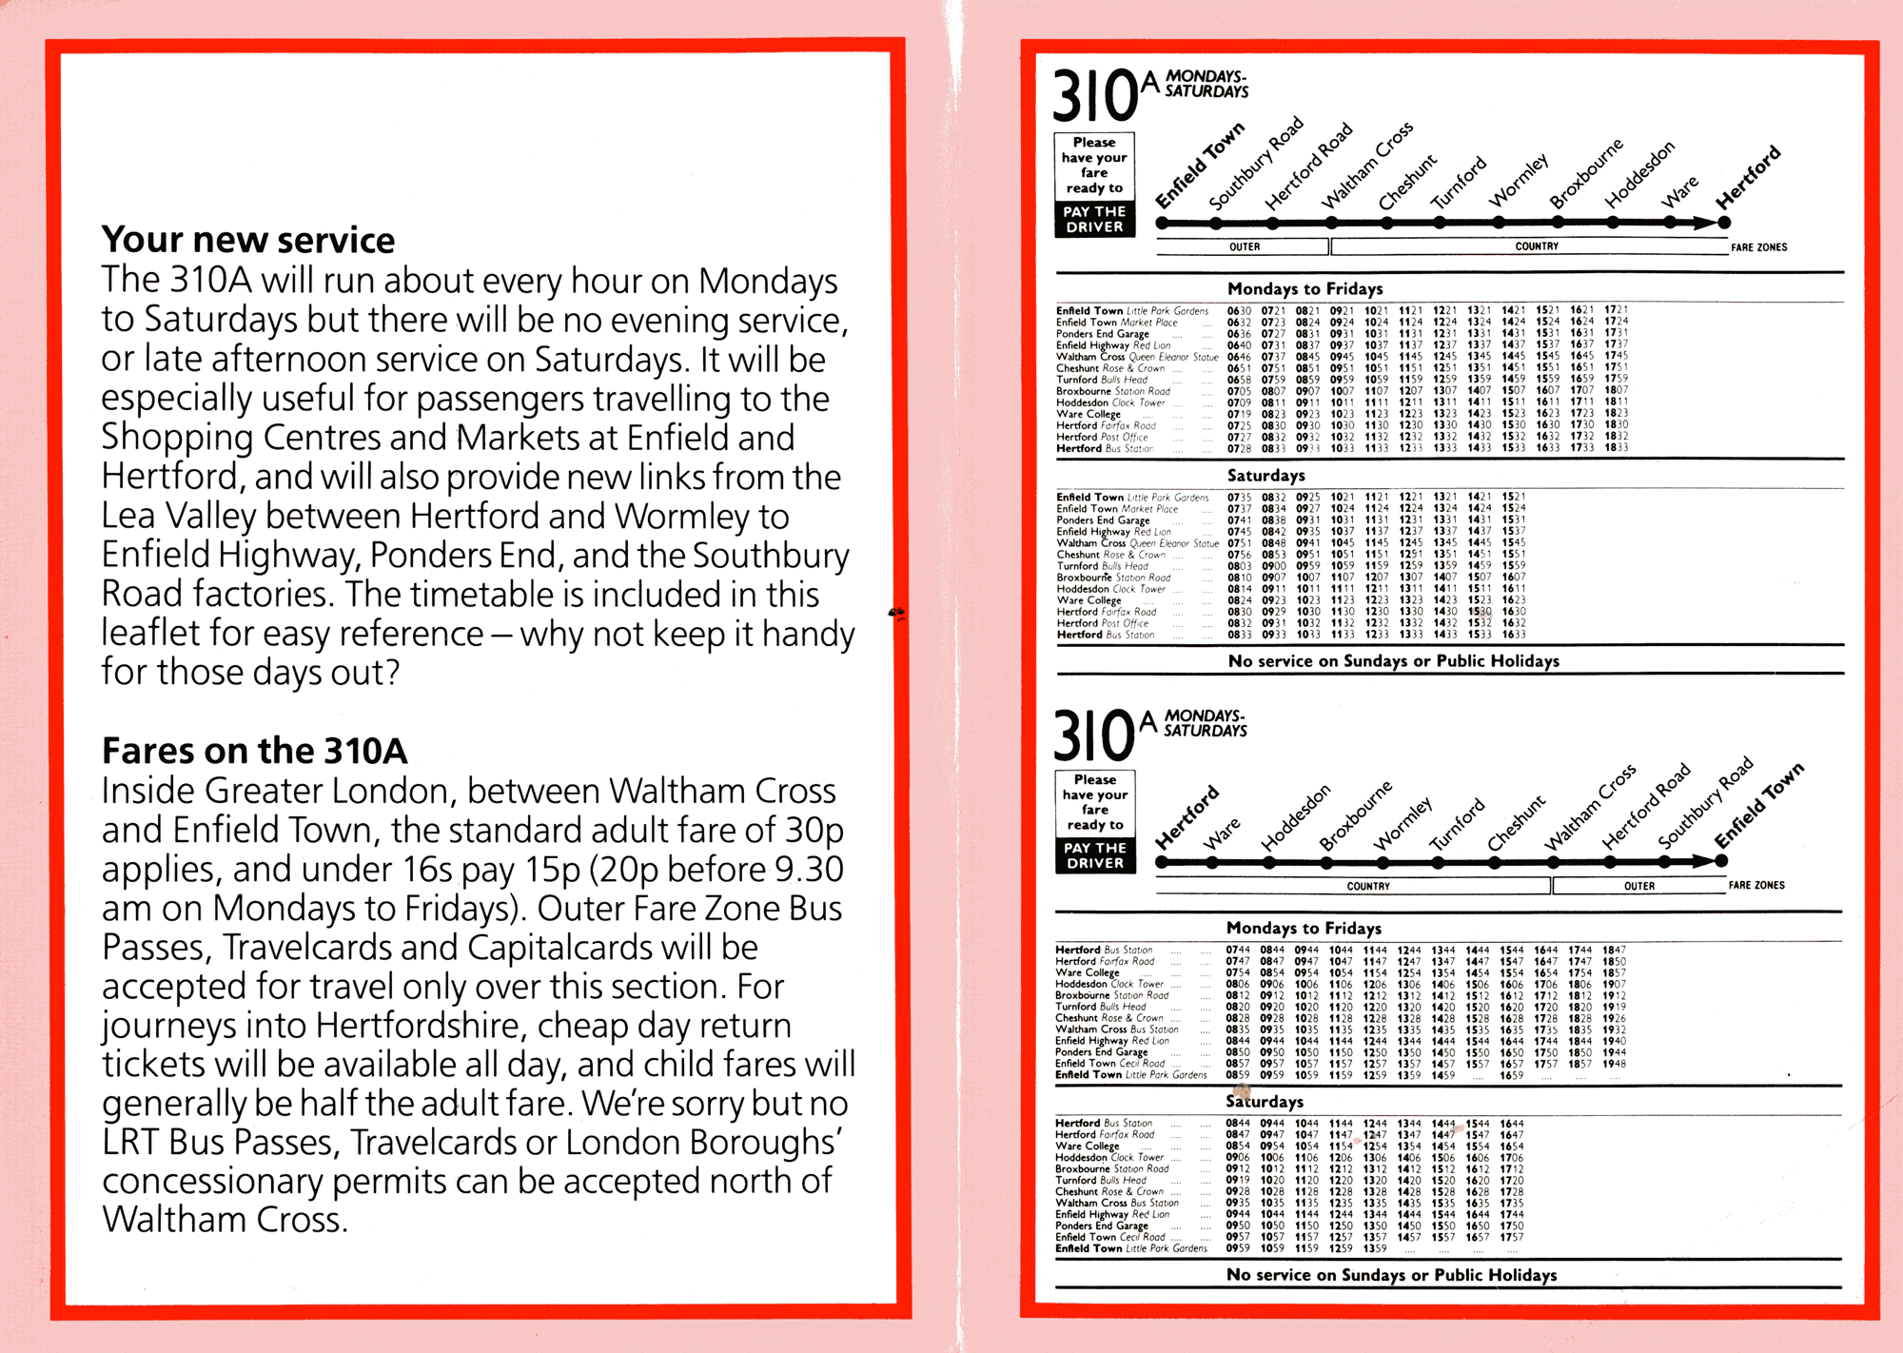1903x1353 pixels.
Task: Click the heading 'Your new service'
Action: click(x=248, y=240)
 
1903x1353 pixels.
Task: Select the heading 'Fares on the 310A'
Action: click(x=254, y=751)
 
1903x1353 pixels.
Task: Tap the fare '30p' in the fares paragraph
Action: click(x=814, y=831)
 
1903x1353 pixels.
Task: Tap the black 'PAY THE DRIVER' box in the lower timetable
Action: click(x=1095, y=855)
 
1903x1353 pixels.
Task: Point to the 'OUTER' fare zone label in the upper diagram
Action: click(x=1244, y=247)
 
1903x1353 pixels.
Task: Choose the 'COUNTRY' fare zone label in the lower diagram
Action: click(x=1368, y=886)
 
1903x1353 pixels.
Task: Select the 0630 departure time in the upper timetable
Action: click(x=1239, y=310)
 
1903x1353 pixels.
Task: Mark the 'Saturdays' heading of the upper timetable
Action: click(x=1265, y=475)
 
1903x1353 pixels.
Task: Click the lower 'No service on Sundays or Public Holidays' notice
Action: click(x=1391, y=1275)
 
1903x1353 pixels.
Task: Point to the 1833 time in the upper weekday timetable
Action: click(x=1616, y=447)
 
